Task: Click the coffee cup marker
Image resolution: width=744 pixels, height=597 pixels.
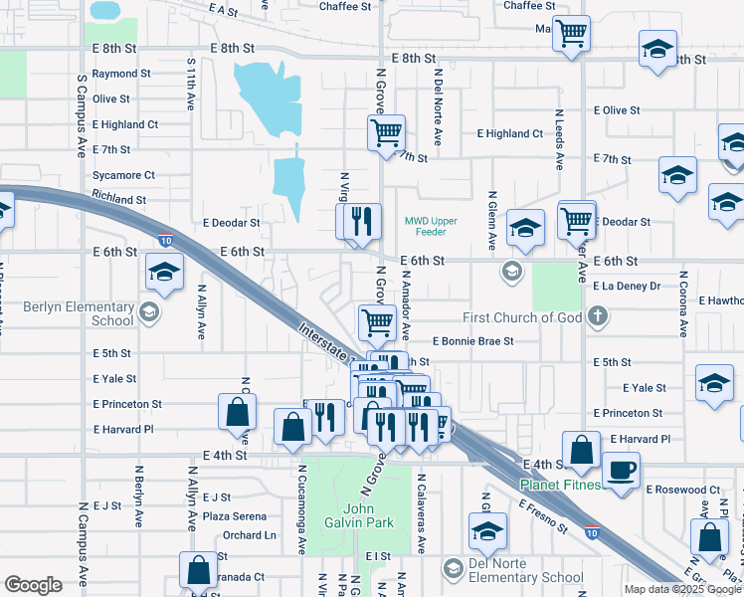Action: pyautogui.click(x=622, y=468)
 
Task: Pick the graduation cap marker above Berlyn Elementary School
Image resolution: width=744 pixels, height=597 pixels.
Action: pyautogui.click(x=164, y=270)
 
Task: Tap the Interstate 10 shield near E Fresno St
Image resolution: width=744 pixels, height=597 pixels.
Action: pyautogui.click(x=592, y=531)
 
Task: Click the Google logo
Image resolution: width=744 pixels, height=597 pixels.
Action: pyautogui.click(x=33, y=584)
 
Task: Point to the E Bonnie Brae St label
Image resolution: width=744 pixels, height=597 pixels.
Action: pyautogui.click(x=472, y=340)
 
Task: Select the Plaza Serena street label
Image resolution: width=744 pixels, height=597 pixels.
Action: pyautogui.click(x=235, y=516)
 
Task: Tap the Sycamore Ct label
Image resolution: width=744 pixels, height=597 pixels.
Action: pyautogui.click(x=123, y=175)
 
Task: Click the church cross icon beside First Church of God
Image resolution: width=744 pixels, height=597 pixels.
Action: pyautogui.click(x=597, y=317)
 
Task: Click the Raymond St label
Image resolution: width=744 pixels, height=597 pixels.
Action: pyautogui.click(x=121, y=74)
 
